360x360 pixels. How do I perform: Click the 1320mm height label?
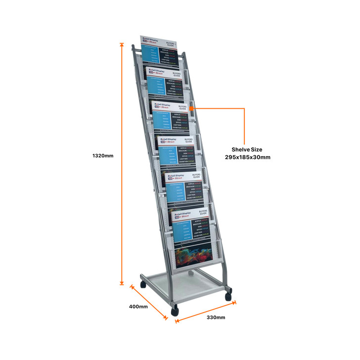(103, 156)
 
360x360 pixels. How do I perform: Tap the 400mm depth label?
(138, 307)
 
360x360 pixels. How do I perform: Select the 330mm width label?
(216, 317)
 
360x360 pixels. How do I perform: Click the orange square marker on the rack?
(191, 105)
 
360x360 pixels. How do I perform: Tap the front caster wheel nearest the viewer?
(175, 311)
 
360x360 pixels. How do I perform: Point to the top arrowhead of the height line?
(122, 45)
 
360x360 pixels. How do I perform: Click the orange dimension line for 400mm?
(149, 302)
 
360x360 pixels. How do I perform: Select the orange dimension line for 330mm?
(206, 310)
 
